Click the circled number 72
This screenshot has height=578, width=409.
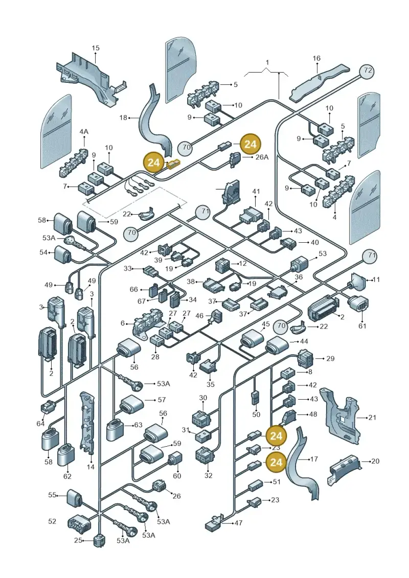click(367, 71)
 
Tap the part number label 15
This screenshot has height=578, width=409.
click(96, 48)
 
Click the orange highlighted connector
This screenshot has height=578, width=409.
click(173, 164)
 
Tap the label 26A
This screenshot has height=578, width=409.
click(262, 157)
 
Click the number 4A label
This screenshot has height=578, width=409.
click(84, 132)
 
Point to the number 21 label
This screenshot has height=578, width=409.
click(372, 418)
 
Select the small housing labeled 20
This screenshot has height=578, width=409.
click(343, 469)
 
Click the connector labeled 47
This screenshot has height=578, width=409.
click(214, 523)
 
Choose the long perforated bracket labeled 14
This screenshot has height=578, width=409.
click(88, 422)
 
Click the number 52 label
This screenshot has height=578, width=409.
click(52, 521)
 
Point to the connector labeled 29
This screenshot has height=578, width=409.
click(305, 358)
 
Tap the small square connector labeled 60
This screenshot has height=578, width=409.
click(175, 459)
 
